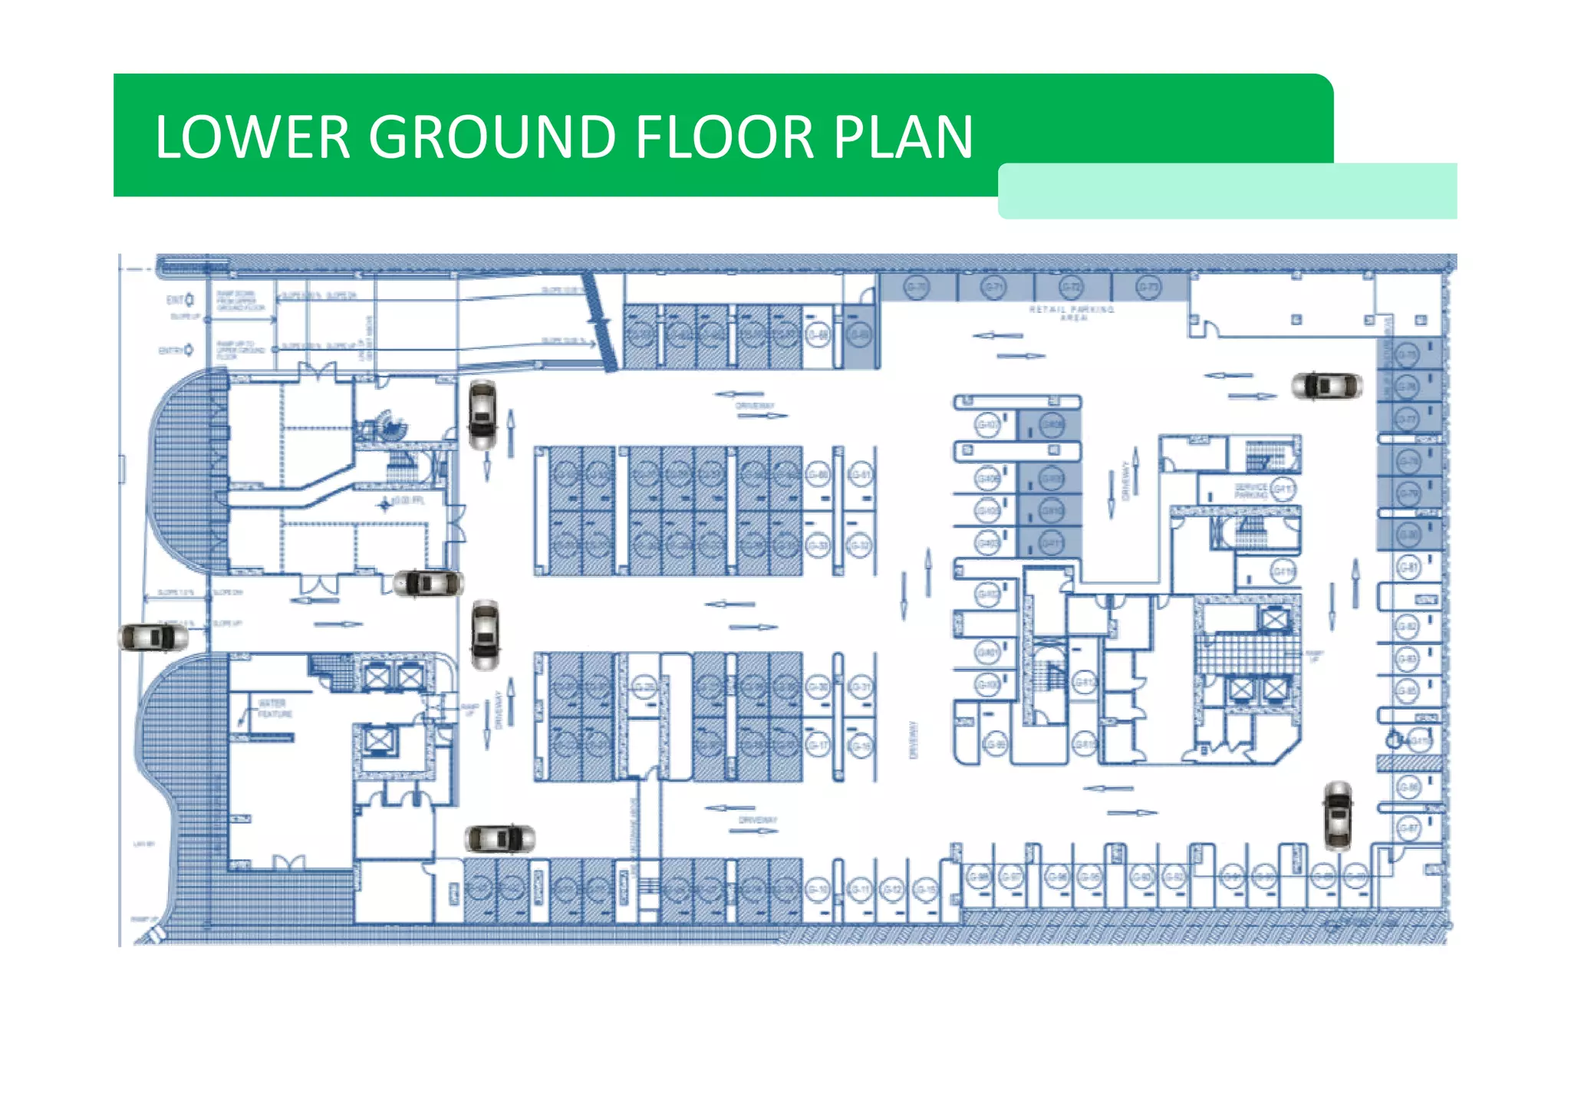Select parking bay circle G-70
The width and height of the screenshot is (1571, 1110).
916,288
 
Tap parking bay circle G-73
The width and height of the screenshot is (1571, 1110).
1148,288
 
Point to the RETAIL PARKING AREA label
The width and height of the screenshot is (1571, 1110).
1072,313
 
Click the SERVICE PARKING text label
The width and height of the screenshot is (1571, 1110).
1250,491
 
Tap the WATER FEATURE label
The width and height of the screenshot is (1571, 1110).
273,708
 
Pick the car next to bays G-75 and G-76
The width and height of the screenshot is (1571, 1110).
1326,385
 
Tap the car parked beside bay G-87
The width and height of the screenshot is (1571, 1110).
1338,815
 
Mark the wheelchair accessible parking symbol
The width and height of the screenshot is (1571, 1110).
1393,740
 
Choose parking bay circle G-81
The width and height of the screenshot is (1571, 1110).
1408,567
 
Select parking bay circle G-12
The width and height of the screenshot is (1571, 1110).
891,889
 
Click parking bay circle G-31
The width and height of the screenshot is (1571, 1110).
861,687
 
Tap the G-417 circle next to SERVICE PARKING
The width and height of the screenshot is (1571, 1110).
1283,489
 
